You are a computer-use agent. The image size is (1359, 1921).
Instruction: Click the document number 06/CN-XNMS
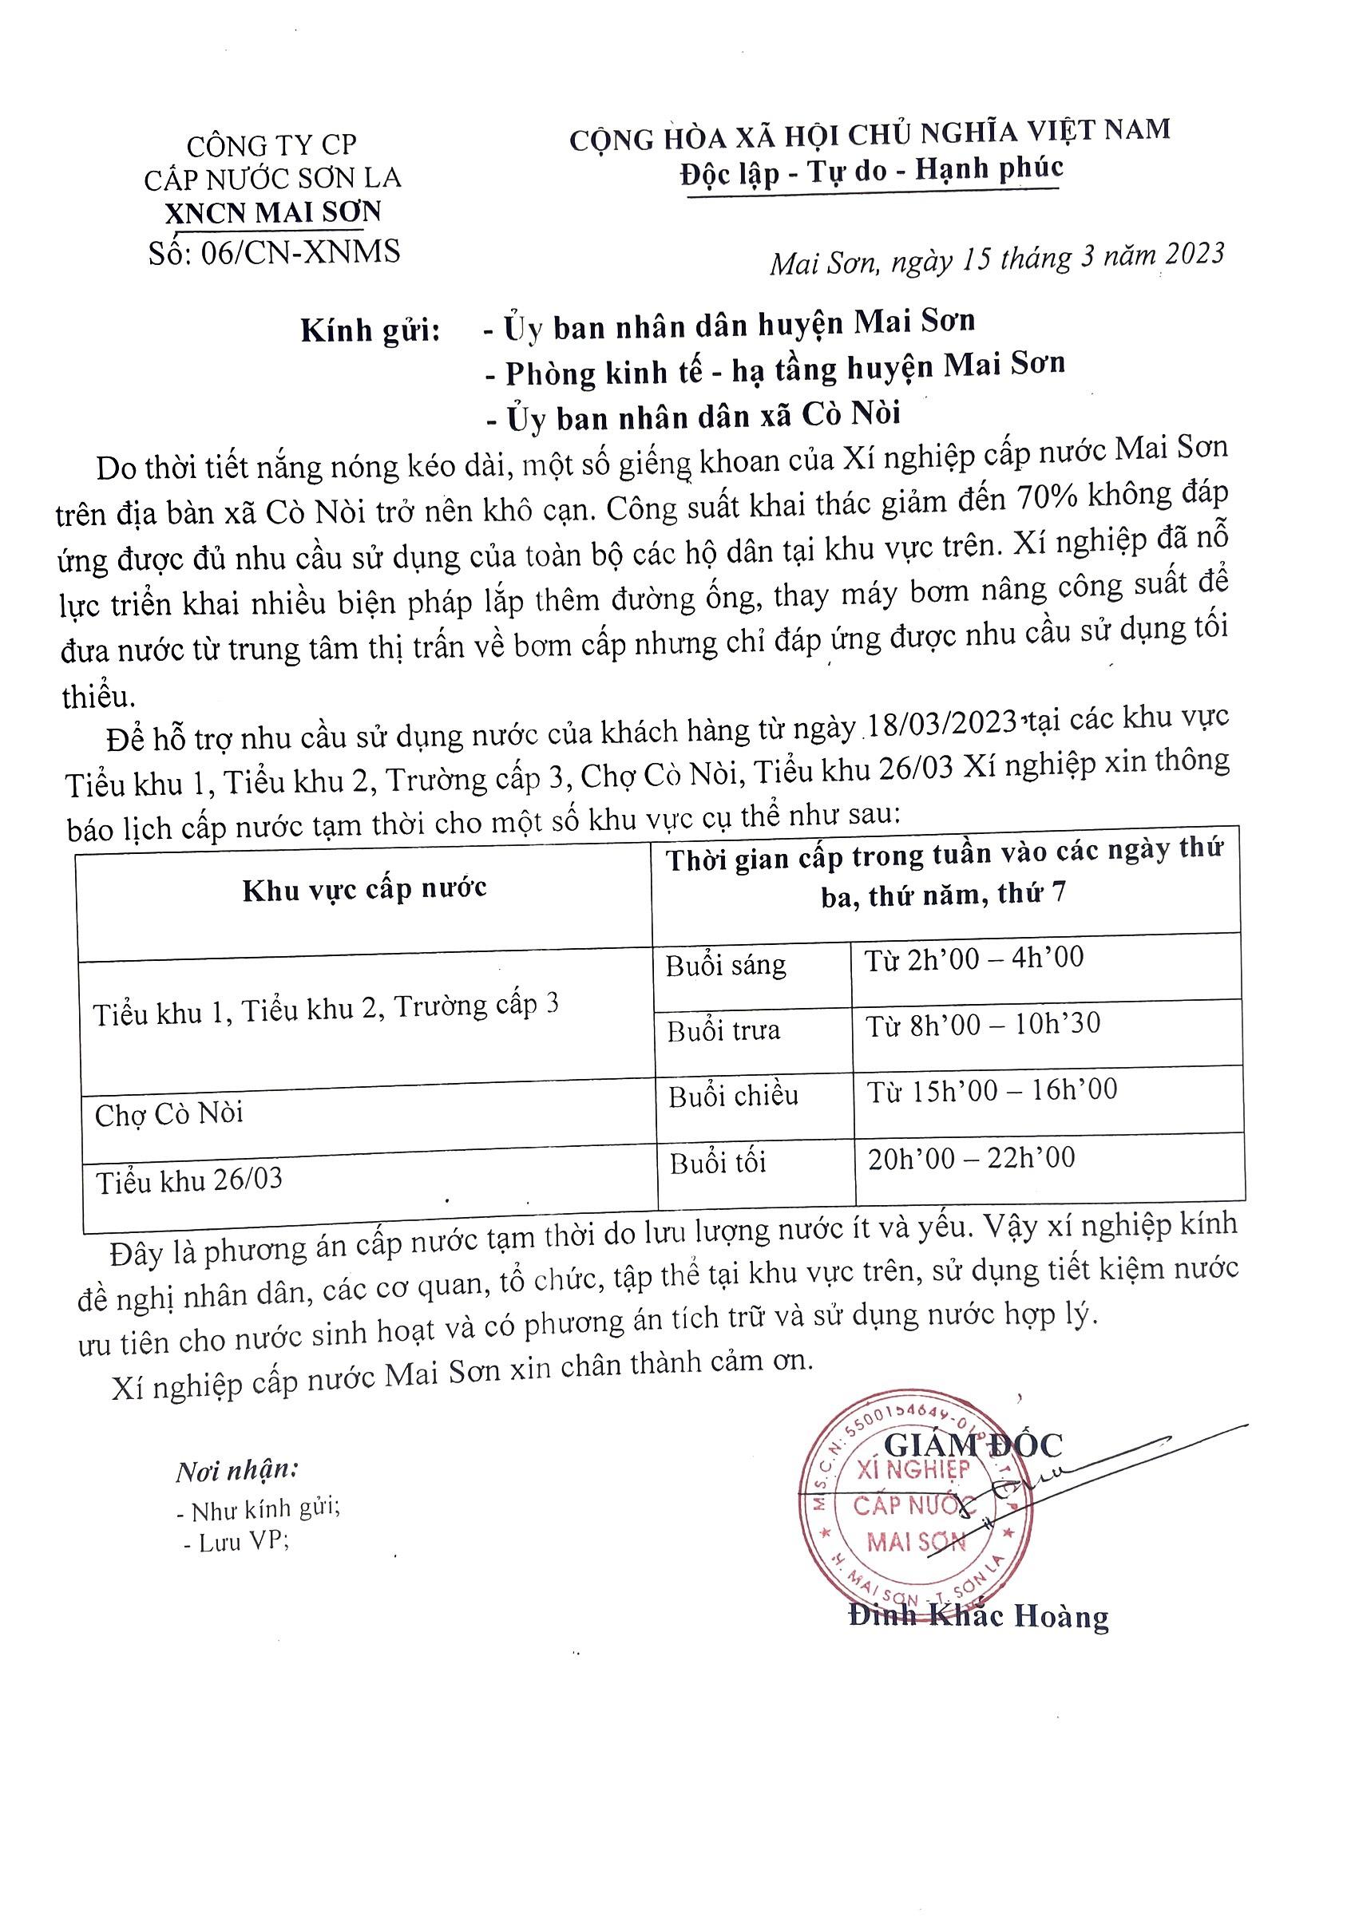click(x=299, y=251)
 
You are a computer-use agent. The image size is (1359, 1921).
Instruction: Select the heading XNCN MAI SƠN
click(x=273, y=212)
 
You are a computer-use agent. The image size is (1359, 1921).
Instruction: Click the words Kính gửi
click(x=370, y=330)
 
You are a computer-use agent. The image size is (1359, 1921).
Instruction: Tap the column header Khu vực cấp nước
click(x=364, y=888)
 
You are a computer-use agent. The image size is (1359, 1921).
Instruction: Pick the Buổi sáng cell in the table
click(x=726, y=966)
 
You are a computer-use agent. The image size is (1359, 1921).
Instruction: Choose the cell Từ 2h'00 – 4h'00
click(x=974, y=958)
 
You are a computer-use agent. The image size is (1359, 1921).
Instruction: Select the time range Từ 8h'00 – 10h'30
click(x=982, y=1024)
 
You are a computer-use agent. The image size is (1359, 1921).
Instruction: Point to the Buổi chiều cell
click(x=733, y=1096)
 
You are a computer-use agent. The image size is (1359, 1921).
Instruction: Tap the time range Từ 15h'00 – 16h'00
click(x=992, y=1090)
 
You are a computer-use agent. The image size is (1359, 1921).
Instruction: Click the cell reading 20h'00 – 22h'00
click(x=971, y=1158)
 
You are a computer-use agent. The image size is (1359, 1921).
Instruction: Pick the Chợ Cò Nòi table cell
click(x=169, y=1114)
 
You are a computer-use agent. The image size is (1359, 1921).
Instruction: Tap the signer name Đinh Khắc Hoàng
click(x=978, y=1615)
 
